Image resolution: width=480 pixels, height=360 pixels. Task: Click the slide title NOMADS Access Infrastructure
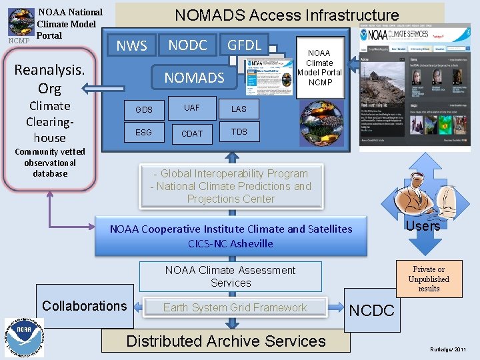click(286, 15)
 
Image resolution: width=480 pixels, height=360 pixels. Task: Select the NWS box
click(131, 46)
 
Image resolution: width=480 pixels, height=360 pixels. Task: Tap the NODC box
click(187, 45)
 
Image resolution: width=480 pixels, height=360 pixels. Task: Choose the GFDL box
click(245, 45)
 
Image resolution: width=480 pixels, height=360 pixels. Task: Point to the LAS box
click(239, 109)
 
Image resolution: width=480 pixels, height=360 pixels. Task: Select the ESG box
click(143, 133)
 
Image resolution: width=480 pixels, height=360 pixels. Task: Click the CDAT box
click(192, 133)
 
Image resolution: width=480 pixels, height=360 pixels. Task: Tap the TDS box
click(239, 132)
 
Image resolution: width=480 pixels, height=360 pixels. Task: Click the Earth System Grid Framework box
click(235, 307)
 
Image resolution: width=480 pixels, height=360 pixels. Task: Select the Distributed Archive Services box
click(226, 341)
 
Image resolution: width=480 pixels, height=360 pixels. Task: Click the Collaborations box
click(84, 306)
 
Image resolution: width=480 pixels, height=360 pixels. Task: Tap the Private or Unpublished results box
click(429, 279)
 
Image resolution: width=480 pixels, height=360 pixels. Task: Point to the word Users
click(423, 226)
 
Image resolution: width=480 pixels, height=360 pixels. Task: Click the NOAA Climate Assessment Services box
click(230, 276)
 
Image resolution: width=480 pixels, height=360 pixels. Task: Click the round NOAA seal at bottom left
click(25, 337)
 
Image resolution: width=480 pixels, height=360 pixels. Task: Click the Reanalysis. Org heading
click(49, 79)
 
